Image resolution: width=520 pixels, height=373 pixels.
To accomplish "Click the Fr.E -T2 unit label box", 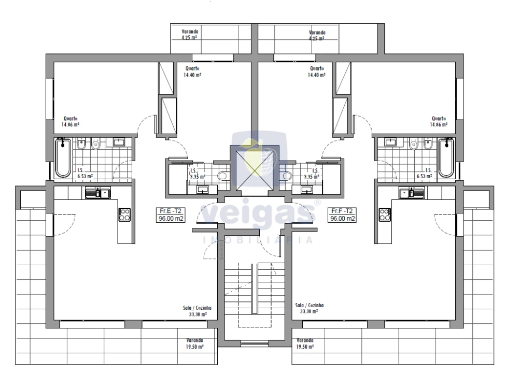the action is click(x=171, y=215).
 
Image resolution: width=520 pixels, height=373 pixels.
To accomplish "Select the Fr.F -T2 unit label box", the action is click(x=342, y=215).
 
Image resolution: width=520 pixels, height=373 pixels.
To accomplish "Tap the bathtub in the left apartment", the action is click(x=63, y=158).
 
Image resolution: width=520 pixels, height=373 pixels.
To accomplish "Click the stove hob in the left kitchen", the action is click(x=125, y=214).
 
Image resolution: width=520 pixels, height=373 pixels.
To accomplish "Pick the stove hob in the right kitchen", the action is click(x=385, y=214).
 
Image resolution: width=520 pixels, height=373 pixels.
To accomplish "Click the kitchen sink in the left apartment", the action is click(x=98, y=193).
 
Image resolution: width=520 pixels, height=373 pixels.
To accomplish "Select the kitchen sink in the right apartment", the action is click(x=412, y=193).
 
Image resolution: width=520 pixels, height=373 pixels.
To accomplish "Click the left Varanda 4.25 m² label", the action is click(x=190, y=35).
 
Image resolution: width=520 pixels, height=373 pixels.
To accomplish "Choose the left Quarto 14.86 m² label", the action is click(x=71, y=122).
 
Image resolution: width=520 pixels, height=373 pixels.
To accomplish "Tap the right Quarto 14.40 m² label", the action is click(x=317, y=71).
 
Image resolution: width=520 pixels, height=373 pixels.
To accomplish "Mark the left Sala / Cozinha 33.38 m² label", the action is click(x=198, y=311).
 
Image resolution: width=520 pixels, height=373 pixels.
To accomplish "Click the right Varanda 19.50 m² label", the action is click(x=305, y=343).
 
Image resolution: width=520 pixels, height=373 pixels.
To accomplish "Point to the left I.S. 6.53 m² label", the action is click(x=85, y=173).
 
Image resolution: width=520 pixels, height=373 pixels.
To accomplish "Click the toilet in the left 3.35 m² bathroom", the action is click(x=223, y=176).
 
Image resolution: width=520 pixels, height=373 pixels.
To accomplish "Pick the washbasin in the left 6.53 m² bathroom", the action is click(x=119, y=142).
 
